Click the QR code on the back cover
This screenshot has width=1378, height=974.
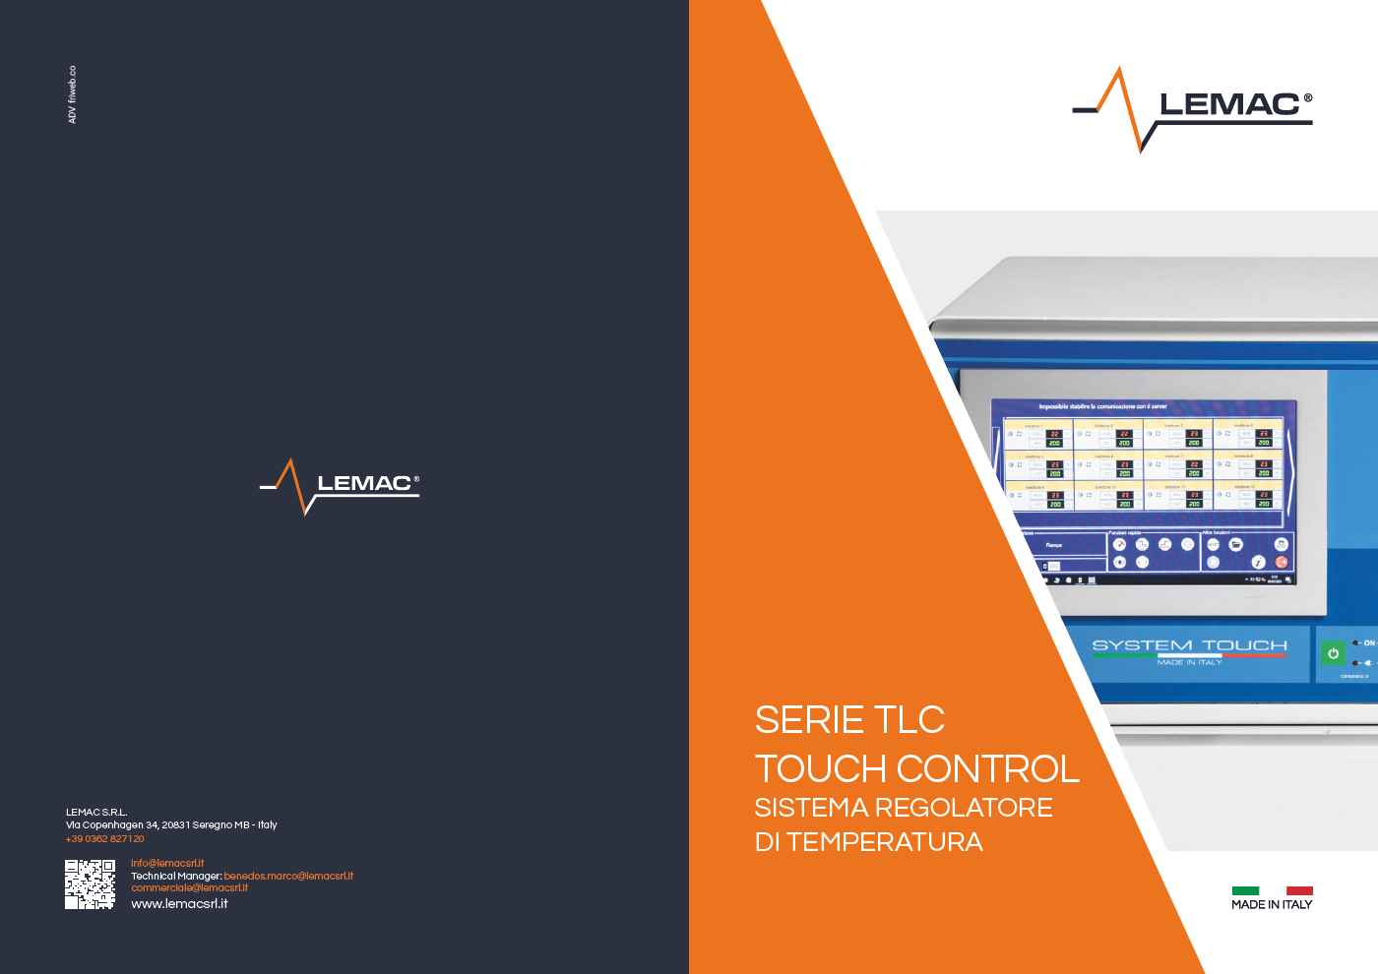point(90,883)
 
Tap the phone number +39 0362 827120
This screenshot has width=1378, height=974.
point(105,839)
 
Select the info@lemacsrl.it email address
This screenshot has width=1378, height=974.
point(167,863)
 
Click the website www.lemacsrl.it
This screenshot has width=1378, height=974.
point(179,903)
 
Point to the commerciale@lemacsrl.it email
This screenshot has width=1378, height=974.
point(189,887)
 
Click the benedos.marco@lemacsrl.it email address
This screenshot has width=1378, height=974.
point(288,876)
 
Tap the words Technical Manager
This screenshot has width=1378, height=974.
point(175,876)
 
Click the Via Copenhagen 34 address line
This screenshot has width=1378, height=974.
point(171,824)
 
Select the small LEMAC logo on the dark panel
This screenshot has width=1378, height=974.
point(340,485)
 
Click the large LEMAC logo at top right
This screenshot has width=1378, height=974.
point(1193,108)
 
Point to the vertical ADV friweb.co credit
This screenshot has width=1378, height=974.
point(72,94)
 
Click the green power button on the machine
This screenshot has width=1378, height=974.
point(1333,653)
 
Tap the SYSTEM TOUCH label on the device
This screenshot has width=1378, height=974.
point(1189,645)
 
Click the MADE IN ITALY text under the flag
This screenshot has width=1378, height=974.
point(1272,904)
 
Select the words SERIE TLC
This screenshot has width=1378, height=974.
point(849,719)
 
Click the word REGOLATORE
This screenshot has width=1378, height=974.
point(964,808)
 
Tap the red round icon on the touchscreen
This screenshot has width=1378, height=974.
point(1281,561)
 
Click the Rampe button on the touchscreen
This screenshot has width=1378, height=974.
point(1054,545)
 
